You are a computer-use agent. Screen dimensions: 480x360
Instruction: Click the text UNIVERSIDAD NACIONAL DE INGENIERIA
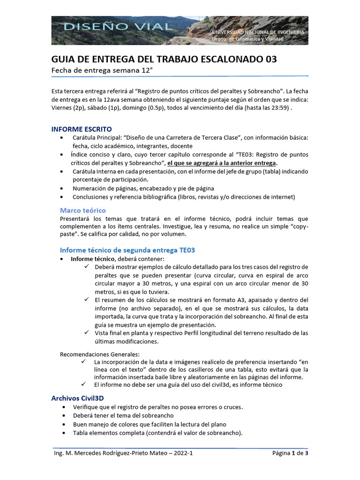click(258, 32)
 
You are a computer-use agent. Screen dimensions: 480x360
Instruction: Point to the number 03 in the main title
click(271, 59)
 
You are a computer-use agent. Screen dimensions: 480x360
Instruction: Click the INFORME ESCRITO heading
click(82, 129)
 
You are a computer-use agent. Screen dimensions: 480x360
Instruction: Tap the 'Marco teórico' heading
click(83, 210)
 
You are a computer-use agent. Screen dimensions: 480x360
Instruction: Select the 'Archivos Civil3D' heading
click(77, 398)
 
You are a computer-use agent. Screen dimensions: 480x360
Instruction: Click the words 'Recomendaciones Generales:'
click(100, 354)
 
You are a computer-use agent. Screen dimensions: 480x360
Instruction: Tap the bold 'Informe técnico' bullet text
click(92, 259)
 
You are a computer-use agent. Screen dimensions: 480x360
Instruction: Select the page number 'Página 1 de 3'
click(290, 453)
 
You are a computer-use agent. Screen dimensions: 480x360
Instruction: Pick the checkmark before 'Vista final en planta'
click(87, 333)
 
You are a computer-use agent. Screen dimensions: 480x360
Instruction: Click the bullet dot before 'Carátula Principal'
click(63, 137)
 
